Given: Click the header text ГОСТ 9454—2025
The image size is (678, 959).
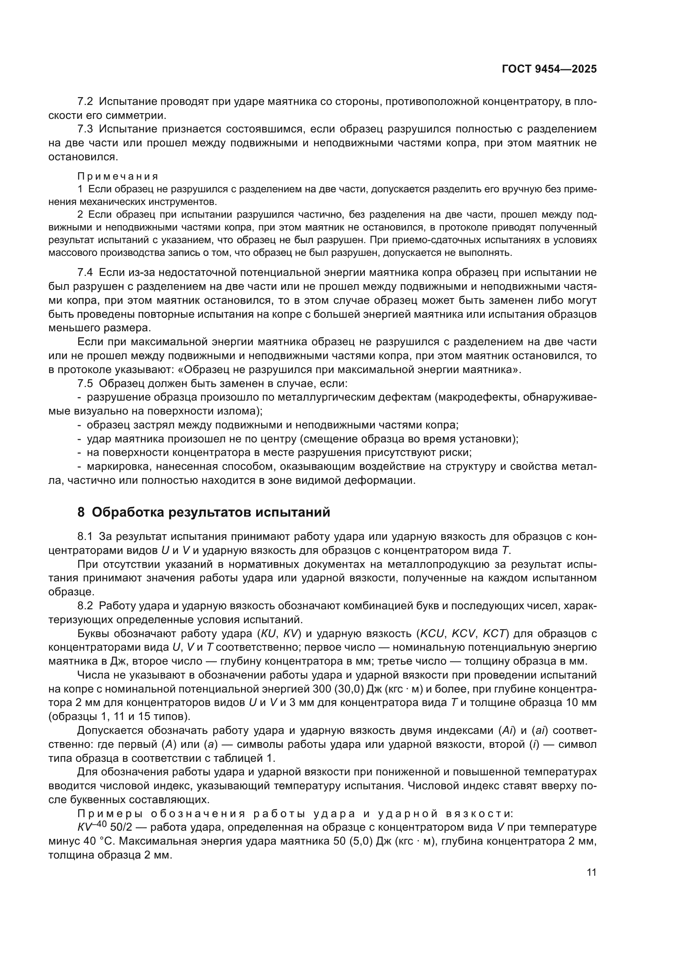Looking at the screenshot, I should pos(549,69).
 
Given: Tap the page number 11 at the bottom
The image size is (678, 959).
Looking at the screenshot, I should pos(592,872).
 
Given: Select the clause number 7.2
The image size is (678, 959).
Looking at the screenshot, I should pos(85,102).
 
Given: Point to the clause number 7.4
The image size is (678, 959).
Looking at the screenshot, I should pos(85,273).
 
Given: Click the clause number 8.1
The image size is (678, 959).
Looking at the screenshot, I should pos(85,536).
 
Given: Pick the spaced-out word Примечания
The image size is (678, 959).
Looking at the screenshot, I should pos(118,176).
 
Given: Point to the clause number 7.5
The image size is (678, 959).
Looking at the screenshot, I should pos(85,383).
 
